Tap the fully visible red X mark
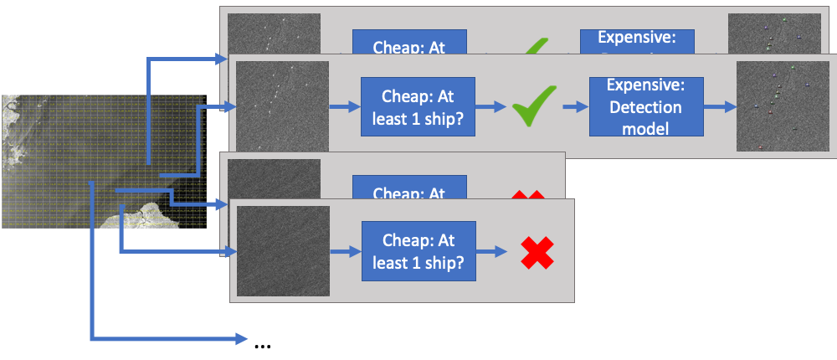[x=537, y=252]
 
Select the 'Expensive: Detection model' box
[x=645, y=106]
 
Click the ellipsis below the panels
[x=262, y=342]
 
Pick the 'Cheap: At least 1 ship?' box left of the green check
[x=418, y=106]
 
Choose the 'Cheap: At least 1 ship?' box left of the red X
[x=418, y=250]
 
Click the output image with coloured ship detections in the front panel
[x=781, y=107]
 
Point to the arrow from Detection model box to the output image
[x=718, y=107]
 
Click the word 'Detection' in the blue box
[x=645, y=107]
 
